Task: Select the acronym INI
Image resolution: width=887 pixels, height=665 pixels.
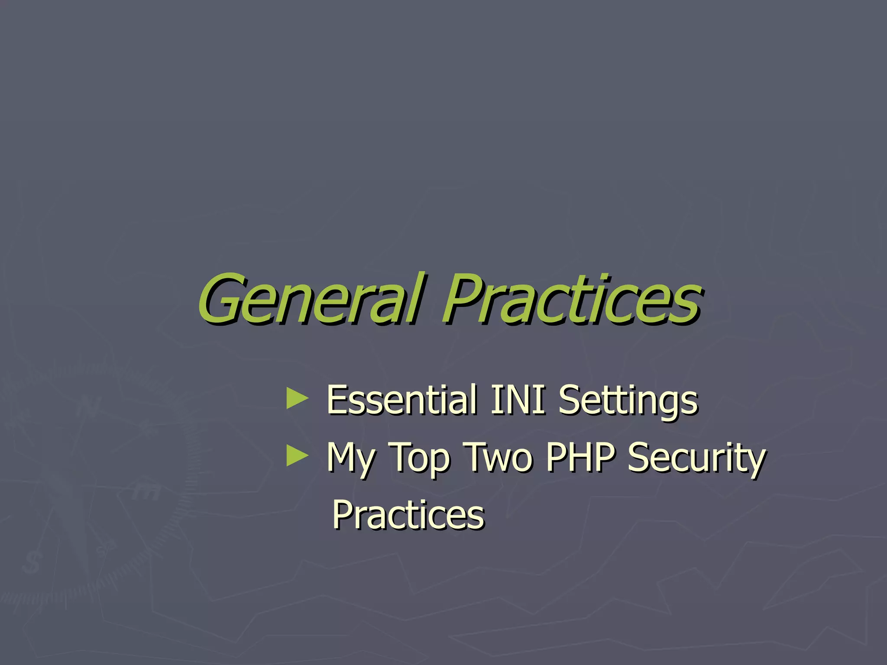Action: (518, 399)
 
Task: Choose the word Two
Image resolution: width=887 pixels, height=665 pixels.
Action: (498, 457)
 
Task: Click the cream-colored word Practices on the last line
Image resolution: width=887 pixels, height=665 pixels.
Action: (408, 514)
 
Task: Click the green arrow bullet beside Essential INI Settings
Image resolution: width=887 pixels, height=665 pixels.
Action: (298, 399)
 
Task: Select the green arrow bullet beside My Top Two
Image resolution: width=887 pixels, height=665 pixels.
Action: (298, 456)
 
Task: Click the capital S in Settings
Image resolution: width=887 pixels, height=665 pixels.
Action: (570, 399)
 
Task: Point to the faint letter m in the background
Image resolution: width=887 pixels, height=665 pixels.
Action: (145, 492)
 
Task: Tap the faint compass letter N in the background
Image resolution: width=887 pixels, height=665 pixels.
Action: (92, 407)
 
